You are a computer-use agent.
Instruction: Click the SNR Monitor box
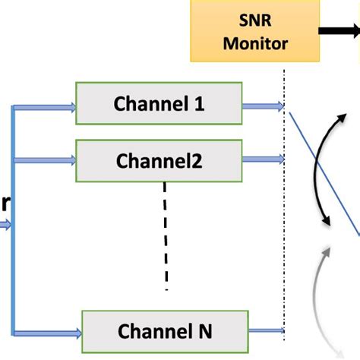[x=255, y=30]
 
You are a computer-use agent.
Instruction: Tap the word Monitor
[x=256, y=43]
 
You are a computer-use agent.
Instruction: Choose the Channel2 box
[x=159, y=159]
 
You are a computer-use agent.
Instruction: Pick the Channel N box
[x=164, y=330]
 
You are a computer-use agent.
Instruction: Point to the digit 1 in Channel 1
[x=199, y=103]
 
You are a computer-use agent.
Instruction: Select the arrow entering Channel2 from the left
[x=46, y=159]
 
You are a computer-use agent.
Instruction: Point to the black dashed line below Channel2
[x=166, y=235]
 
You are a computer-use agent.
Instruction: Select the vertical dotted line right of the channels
[x=285, y=205]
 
